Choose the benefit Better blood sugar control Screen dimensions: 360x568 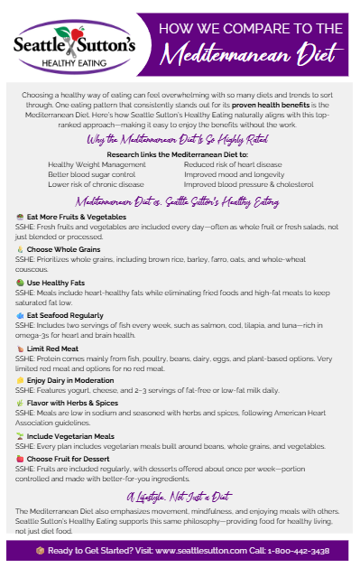click(88, 174)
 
